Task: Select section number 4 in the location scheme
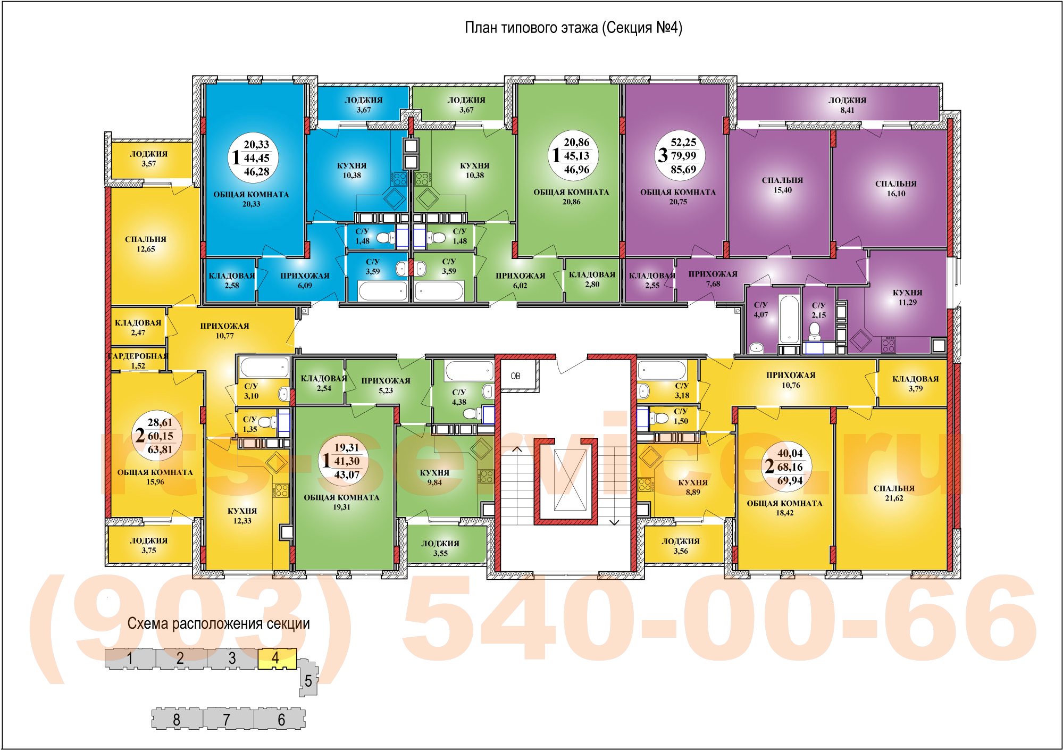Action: [x=275, y=658]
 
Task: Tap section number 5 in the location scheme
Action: [x=308, y=680]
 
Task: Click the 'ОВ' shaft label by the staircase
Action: [x=515, y=376]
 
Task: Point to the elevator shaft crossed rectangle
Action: [x=570, y=480]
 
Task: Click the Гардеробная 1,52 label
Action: [x=138, y=361]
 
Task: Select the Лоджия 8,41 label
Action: [x=847, y=105]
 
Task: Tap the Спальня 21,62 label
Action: [x=894, y=493]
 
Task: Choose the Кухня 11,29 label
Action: [x=907, y=297]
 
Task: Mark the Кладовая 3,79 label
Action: [x=915, y=384]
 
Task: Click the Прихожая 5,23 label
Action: [x=386, y=385]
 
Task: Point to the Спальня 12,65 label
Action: [x=146, y=244]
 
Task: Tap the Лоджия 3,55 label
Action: [x=440, y=548]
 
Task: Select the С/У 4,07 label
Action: [x=761, y=310]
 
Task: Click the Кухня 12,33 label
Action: [x=242, y=515]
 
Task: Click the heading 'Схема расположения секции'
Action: [x=219, y=623]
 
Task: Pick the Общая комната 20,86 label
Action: [x=571, y=197]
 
